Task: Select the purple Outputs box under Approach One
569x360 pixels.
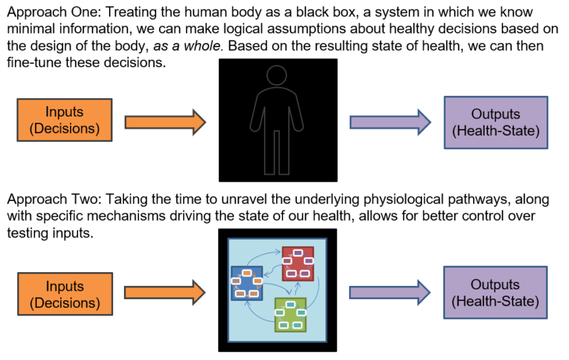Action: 496,122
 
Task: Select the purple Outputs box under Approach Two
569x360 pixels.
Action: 496,293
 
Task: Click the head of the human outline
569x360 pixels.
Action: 278,77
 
